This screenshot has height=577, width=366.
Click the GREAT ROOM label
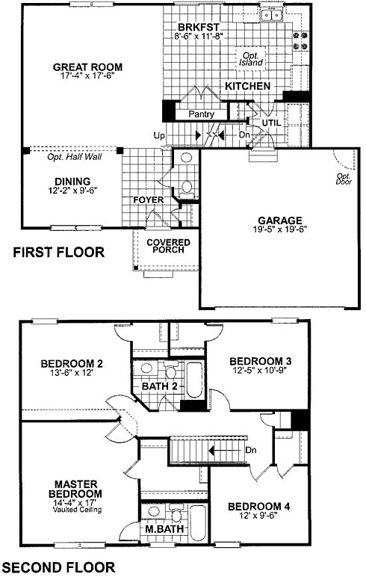pos(87,67)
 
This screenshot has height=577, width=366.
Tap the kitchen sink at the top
pos(271,15)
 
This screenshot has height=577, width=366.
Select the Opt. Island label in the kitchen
pos(252,59)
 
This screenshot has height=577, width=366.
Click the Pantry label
pos(201,114)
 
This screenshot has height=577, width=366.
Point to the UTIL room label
pos(271,123)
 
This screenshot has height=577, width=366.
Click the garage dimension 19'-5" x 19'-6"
pos(280,229)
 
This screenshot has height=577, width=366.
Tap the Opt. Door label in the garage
pos(344,179)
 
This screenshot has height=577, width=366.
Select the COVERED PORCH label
pos(168,246)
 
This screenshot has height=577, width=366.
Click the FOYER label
pos(148,200)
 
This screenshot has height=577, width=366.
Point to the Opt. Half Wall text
pos(74,157)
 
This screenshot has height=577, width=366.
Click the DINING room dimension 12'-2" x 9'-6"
pos(72,190)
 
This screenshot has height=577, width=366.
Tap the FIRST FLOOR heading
pos(59,253)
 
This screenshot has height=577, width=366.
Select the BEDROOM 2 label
pos(72,363)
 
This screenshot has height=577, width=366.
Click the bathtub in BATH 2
pos(193,380)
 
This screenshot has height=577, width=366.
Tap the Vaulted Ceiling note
pos(77,510)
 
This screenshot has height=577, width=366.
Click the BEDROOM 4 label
pos(258,507)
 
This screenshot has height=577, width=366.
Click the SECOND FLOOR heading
pos(58,567)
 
